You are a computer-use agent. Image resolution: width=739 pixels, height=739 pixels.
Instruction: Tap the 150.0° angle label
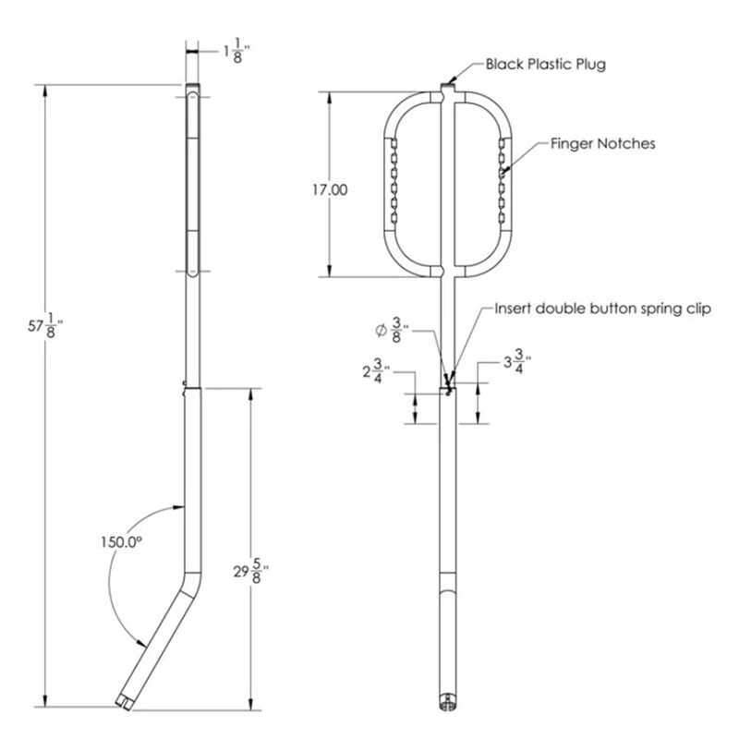(x=124, y=543)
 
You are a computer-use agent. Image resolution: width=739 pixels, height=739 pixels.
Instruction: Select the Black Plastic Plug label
(x=546, y=65)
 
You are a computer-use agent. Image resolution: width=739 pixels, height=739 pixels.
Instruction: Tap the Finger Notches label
(x=602, y=144)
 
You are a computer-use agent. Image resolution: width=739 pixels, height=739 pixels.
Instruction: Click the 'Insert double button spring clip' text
(x=602, y=309)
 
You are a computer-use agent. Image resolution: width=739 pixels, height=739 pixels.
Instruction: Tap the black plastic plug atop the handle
(x=447, y=87)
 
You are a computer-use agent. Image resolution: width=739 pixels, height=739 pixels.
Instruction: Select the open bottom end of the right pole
(x=447, y=706)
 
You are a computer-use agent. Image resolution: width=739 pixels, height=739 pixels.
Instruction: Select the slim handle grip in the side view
(x=192, y=180)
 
